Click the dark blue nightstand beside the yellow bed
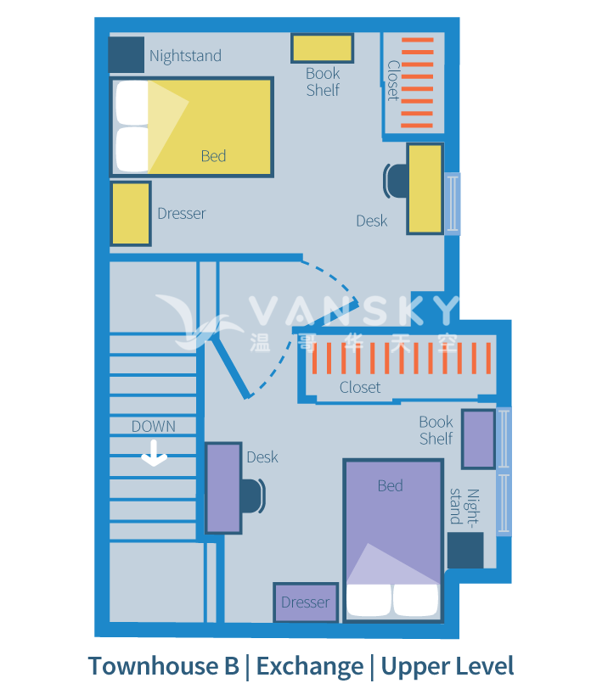[127, 55]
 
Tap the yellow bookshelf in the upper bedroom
[322, 48]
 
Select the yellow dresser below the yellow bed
[130, 214]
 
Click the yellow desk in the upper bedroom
[425, 188]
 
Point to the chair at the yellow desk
[395, 180]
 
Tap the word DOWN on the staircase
[153, 426]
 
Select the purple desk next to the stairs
[224, 488]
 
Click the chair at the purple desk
[252, 496]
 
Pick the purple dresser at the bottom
[305, 602]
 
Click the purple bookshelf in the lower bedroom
[478, 439]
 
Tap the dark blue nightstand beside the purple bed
[465, 550]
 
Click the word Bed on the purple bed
[390, 486]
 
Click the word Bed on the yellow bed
[213, 156]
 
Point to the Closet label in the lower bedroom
[360, 387]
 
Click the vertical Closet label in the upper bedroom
[393, 80]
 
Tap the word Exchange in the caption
[309, 666]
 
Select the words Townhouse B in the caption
[163, 666]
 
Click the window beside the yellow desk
[453, 204]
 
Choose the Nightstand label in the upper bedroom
[185, 56]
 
